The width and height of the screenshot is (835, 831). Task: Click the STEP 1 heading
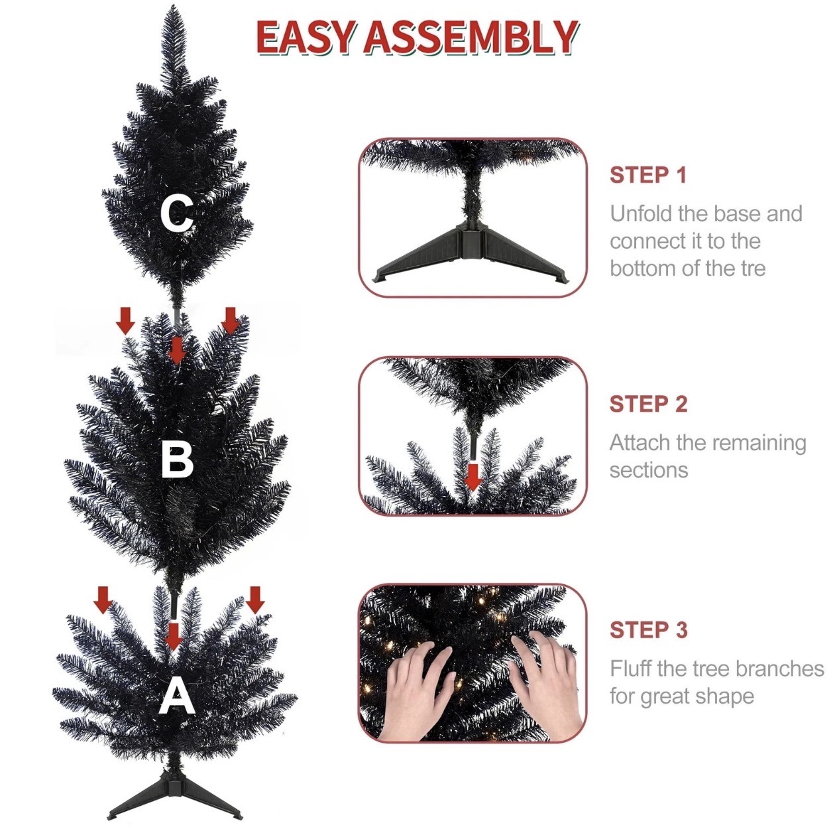[x=648, y=175]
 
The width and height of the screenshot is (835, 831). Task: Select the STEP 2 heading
[x=649, y=404]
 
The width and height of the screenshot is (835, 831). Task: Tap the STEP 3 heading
[x=649, y=630]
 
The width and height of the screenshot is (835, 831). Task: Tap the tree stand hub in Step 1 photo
[x=471, y=237]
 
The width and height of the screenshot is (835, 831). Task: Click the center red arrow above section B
[x=177, y=350]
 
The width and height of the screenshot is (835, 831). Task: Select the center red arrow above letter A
[x=174, y=637]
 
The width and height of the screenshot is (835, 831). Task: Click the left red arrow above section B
[x=126, y=321]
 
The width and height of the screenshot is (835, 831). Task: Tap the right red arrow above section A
[x=255, y=600]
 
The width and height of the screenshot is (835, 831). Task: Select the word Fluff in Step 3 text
[x=631, y=668]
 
